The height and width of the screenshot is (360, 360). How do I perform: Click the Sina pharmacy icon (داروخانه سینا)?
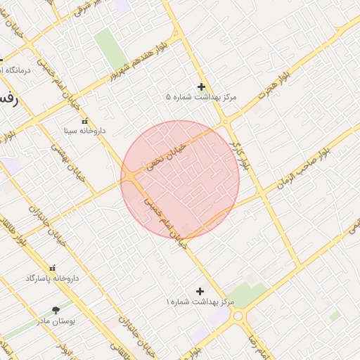coord(85,120)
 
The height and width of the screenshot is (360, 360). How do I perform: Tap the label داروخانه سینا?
coord(84,131)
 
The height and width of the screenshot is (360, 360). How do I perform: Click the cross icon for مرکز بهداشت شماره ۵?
coord(202,87)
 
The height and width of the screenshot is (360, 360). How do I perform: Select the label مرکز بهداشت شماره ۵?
coord(202,97)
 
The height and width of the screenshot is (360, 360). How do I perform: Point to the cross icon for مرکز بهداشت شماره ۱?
coord(200,290)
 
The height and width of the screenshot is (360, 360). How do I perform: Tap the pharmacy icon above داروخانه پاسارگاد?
coord(52,269)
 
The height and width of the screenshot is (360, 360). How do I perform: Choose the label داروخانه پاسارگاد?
coord(52,278)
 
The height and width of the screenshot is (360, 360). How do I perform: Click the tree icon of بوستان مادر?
coord(56,310)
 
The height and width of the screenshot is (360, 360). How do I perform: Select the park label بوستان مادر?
coord(56,321)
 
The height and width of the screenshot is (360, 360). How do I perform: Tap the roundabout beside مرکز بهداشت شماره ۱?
coord(240,316)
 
